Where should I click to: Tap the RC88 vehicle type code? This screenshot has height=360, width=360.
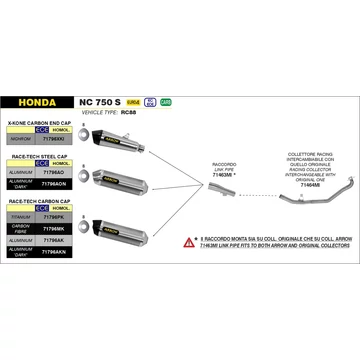click(125, 113)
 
